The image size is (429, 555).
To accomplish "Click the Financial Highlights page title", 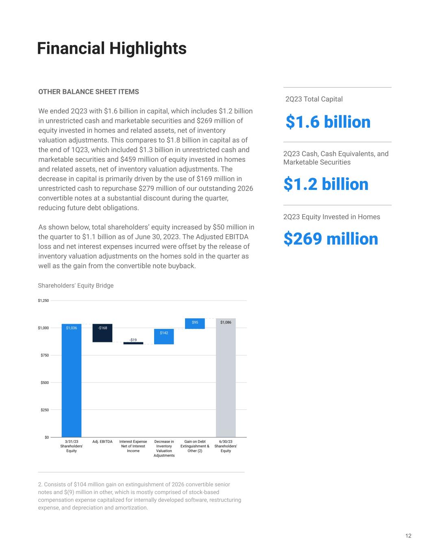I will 111,48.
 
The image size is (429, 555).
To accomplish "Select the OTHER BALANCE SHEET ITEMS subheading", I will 88,92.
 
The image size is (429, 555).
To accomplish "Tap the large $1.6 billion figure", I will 328,122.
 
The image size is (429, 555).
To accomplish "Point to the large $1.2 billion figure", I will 326,184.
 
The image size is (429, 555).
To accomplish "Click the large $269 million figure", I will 330,239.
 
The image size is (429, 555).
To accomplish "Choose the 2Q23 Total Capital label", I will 314,99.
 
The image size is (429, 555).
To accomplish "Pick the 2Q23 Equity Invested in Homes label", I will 331,217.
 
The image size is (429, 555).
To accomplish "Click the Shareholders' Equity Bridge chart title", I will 76,285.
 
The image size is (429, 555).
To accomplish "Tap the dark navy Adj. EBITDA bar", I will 102,333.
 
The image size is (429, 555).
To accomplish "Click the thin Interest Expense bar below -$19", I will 133,343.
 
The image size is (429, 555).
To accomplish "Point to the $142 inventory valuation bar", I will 164,337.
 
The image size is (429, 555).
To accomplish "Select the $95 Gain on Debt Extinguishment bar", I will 195,324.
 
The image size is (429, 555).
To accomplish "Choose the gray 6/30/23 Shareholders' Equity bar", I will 226,378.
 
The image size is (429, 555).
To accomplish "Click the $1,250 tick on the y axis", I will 43,301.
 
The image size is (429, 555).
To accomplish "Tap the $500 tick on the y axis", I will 44,383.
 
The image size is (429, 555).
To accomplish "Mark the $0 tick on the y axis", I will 46,437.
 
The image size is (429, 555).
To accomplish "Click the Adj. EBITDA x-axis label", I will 102,442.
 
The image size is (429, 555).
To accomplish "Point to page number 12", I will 408,536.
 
